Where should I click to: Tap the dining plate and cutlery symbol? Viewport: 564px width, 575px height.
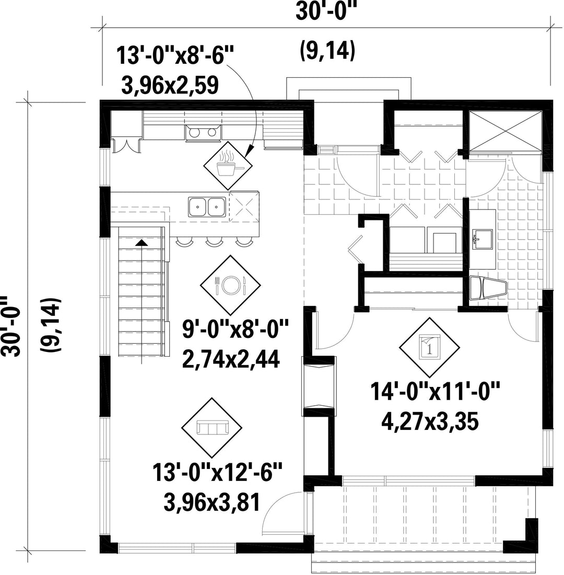[230, 285]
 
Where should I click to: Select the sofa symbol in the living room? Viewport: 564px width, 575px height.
[212, 428]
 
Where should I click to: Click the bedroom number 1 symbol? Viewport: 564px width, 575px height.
[429, 347]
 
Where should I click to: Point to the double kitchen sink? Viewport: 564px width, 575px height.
[207, 207]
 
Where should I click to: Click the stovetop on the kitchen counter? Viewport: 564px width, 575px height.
[204, 133]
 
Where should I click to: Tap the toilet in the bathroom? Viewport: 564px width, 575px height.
[487, 288]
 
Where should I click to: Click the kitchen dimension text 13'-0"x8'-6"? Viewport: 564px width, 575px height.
[175, 56]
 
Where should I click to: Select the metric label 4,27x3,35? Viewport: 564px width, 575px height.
[430, 421]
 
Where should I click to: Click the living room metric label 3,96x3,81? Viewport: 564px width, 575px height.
[212, 502]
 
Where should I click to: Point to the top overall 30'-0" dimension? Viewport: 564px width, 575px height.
[326, 11]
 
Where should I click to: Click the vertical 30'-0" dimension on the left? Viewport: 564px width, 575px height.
[10, 326]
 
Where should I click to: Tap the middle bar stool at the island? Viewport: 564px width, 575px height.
[214, 241]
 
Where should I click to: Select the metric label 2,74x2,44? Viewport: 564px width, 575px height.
[231, 359]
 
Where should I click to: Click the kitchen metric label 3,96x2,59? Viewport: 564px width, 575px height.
[170, 85]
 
